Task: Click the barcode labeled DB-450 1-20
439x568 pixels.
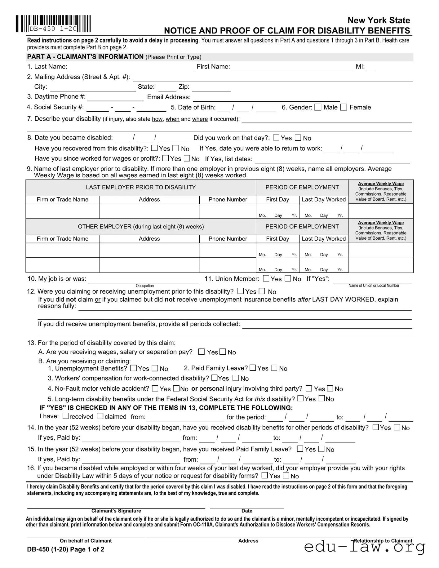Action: click(53, 24)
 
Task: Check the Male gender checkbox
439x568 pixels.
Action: click(318, 107)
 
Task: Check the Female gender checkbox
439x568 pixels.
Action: click(344, 107)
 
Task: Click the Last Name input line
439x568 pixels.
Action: click(131, 68)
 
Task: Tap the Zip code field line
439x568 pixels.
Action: click(211, 88)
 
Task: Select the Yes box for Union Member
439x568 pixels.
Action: click(266, 278)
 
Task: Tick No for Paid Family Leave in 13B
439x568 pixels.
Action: click(274, 368)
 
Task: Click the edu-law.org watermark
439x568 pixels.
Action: click(365, 547)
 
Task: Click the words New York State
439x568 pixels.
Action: click(379, 20)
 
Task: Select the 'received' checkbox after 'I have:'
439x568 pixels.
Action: click(66, 416)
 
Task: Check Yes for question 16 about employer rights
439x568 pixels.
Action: click(265, 476)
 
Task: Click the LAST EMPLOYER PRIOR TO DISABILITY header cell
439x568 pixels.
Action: click(141, 187)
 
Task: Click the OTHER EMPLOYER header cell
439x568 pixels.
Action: click(141, 227)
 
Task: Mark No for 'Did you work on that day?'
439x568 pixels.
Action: click(298, 138)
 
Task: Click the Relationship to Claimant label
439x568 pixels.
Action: click(383, 541)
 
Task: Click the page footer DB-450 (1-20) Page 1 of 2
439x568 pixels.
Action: click(66, 550)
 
